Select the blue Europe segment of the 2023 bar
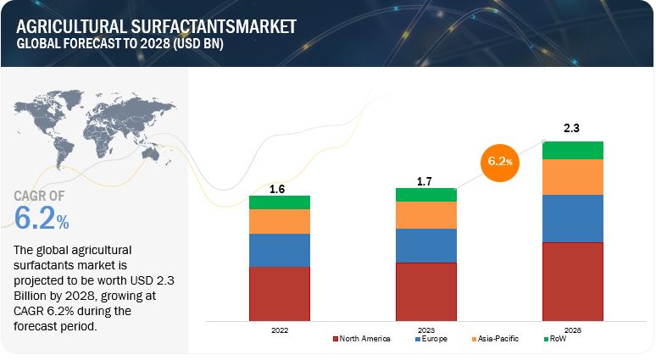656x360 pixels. pos(425,246)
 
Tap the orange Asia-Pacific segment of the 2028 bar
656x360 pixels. pos(572,177)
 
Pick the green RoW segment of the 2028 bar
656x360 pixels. pos(572,150)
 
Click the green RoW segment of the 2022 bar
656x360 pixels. pos(279,202)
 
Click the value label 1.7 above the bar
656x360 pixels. pos(425,180)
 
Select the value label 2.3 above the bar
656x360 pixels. pos(572,130)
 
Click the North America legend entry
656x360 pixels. pos(360,339)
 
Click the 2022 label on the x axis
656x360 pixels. pos(278,329)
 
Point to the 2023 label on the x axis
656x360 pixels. pos(425,329)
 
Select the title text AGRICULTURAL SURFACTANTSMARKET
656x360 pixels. pos(157,26)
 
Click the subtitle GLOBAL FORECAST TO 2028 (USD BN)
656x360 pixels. pos(119,45)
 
